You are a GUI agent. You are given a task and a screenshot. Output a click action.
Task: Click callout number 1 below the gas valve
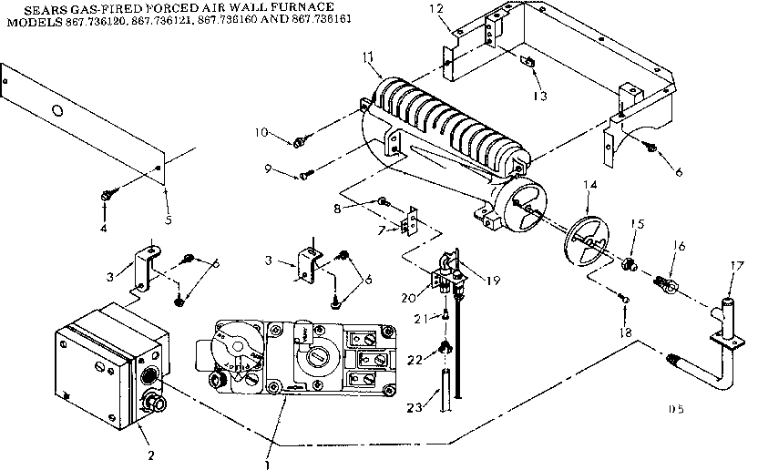[267, 464]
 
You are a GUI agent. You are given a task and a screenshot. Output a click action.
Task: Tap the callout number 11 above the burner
[368, 58]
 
